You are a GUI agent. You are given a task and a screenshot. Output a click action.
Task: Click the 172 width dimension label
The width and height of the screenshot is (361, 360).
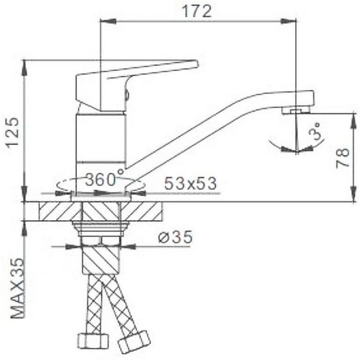(197, 11)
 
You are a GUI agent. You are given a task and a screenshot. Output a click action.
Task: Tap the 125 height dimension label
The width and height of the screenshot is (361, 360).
(12, 133)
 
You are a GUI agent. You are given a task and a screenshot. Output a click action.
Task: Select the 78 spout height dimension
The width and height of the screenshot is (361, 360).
(342, 158)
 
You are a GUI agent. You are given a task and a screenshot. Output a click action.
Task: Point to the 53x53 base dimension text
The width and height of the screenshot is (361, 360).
(191, 183)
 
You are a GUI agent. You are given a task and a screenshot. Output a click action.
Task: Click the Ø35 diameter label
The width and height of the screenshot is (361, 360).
(175, 237)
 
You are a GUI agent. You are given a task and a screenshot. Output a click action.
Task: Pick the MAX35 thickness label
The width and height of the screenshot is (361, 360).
(18, 288)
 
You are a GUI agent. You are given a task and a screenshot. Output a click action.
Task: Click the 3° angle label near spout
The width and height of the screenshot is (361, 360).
(316, 131)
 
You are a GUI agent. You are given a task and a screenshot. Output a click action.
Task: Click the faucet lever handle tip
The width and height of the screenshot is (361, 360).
(195, 64)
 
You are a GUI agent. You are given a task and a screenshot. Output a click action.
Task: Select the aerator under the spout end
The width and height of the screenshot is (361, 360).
(296, 111)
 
